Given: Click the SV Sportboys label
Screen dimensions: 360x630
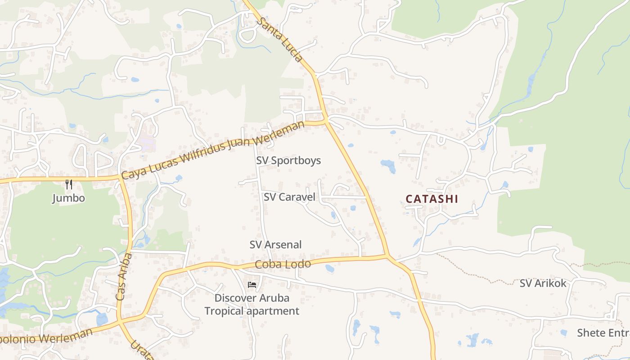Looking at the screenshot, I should coord(288,161).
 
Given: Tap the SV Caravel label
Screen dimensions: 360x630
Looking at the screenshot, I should coord(289,197).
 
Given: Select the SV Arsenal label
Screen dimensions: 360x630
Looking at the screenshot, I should coord(275,245).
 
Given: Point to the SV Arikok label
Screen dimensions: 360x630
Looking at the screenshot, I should coord(543,283).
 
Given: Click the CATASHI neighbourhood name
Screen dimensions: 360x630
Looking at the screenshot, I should coord(432,199).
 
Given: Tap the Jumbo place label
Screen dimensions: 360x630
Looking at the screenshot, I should coord(68,198).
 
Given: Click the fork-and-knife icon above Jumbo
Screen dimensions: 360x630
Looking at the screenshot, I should coord(68,184).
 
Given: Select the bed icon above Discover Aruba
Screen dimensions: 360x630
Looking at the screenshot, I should coord(252,285).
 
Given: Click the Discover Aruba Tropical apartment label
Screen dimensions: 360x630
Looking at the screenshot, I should coord(252,304).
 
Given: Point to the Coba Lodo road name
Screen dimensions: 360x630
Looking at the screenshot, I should coord(283,264).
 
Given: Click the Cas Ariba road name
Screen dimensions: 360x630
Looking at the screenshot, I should coord(123,277).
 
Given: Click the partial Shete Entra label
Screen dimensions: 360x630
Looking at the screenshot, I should coord(603,333).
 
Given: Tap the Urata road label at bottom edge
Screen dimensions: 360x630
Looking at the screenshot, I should coord(142,351).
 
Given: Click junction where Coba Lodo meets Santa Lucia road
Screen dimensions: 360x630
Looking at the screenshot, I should coord(387,256).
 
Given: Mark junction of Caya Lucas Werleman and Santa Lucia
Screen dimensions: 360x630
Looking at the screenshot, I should coord(326,120).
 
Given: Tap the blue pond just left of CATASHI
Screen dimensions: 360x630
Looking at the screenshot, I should coord(388,165).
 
